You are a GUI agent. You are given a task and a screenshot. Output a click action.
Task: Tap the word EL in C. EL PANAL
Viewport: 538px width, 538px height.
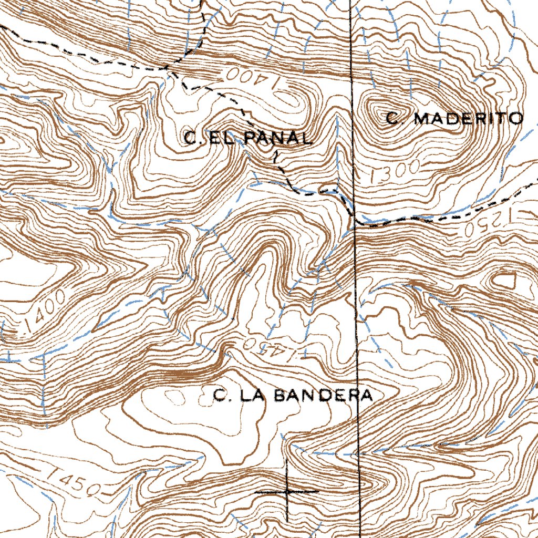pos(216,138)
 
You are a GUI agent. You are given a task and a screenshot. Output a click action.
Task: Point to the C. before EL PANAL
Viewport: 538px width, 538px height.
pos(192,138)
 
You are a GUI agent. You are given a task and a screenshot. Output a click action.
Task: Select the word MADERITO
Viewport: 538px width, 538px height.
pos(469,118)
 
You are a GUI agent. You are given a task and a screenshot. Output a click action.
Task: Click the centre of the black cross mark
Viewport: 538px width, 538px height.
pos(287,492)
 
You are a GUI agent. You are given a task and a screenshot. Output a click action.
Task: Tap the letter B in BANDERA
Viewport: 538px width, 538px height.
pos(280,395)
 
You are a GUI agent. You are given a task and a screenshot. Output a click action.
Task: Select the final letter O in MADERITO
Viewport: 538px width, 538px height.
pos(517,118)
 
